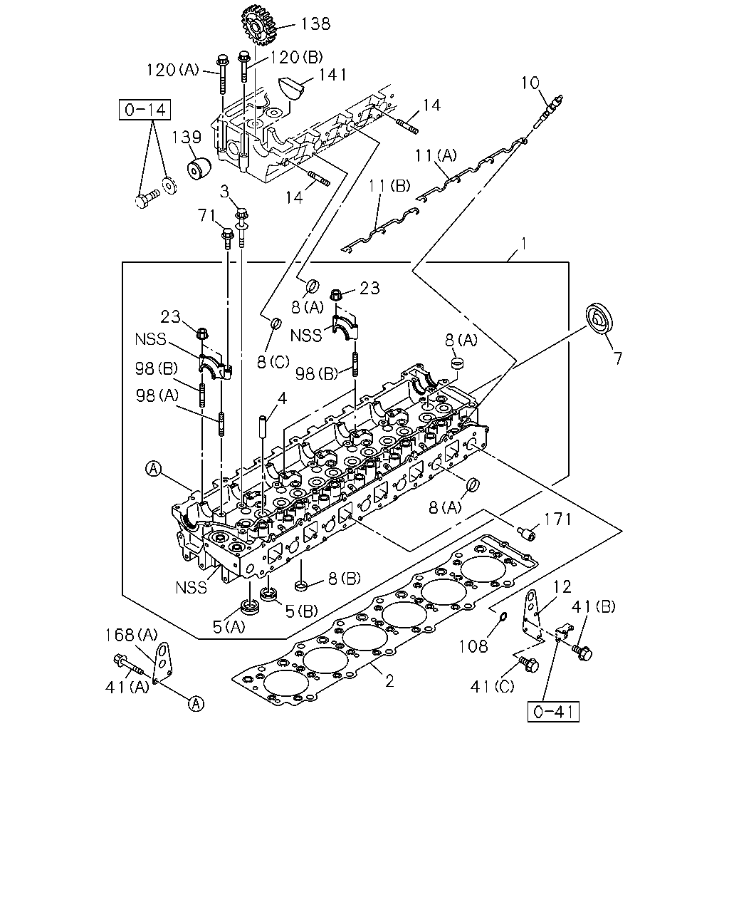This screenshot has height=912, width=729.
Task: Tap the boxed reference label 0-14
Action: click(145, 110)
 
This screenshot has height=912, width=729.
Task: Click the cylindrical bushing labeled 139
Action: click(199, 168)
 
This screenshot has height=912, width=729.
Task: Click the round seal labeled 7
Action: click(599, 318)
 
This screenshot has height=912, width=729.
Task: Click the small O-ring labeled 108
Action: click(502, 616)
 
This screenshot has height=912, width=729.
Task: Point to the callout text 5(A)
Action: click(229, 627)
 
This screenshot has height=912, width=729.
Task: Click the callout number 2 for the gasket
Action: click(389, 681)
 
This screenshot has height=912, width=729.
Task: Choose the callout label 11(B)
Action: click(389, 186)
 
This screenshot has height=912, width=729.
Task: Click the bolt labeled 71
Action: click(228, 239)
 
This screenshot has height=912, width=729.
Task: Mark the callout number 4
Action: click(282, 398)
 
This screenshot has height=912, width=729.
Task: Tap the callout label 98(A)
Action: click(157, 395)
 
